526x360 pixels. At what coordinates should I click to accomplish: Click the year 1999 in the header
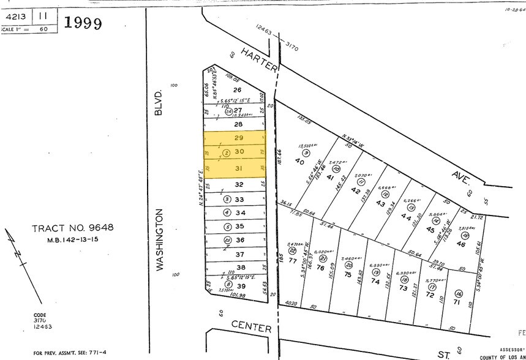pos(83,23)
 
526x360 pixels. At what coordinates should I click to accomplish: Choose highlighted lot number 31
pos(239,169)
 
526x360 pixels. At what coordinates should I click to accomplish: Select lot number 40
pos(300,161)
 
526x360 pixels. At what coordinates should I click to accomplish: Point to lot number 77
pos(293,260)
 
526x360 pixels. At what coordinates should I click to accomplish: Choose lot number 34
pos(240,212)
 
